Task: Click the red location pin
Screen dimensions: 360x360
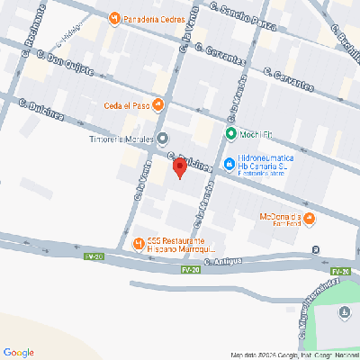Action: coord(179,167)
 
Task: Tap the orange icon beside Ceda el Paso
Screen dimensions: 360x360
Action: coord(158,103)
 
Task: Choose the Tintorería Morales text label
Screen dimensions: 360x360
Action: coord(123,138)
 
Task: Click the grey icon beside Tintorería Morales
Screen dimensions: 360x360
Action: coord(162,138)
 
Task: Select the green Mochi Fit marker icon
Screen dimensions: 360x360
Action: coord(230,135)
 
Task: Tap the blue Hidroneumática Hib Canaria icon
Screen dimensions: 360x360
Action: coord(230,165)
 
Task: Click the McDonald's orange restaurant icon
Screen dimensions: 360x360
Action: coord(309,218)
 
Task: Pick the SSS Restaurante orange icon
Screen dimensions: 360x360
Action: coord(138,243)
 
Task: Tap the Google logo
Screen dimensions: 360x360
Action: coord(19,351)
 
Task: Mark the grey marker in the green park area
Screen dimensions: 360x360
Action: coord(344,313)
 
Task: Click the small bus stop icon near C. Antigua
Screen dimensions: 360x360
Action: coord(314,249)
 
